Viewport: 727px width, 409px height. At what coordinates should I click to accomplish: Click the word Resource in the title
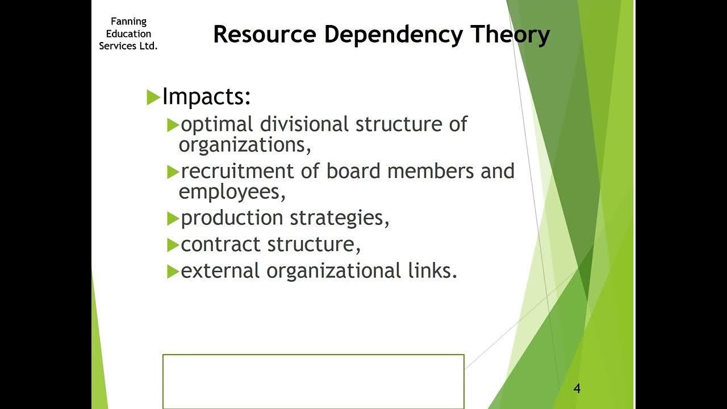click(x=264, y=35)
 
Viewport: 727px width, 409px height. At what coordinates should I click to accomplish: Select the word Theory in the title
click(x=510, y=35)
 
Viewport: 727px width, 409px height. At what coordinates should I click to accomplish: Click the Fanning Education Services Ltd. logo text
click(x=128, y=34)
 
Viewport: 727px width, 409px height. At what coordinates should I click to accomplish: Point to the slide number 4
click(x=577, y=389)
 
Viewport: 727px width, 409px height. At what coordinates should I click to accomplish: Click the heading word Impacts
click(x=206, y=97)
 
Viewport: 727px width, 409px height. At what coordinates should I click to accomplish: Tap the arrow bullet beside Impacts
click(x=153, y=98)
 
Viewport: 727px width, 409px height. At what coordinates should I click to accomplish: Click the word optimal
click(x=217, y=124)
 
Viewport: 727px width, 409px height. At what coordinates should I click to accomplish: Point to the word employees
click(x=232, y=192)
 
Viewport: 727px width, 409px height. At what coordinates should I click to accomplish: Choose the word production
click(x=232, y=218)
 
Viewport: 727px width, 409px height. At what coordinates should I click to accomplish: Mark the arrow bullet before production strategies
click(x=173, y=218)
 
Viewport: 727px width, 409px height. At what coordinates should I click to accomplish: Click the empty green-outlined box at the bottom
click(x=314, y=381)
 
